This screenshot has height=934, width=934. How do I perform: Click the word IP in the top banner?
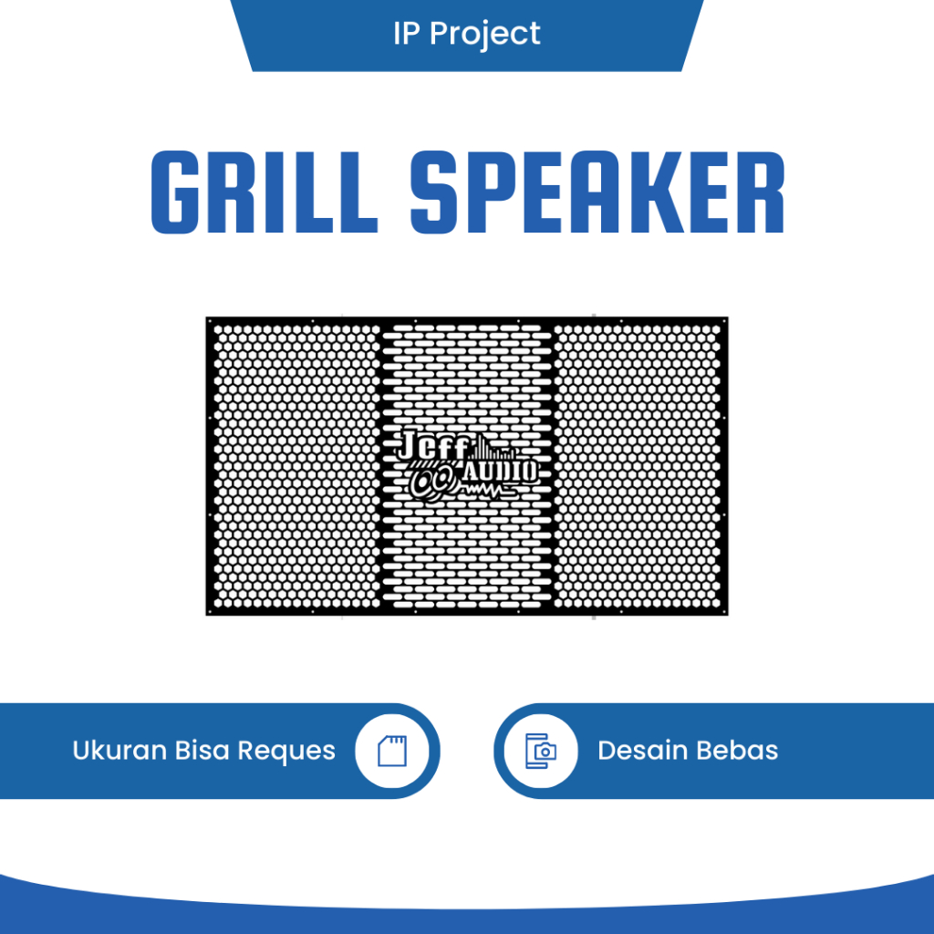click(x=406, y=34)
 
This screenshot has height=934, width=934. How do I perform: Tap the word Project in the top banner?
click(x=485, y=35)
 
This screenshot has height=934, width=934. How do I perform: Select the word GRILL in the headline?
click(x=265, y=192)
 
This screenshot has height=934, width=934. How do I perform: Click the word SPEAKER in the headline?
click(x=597, y=192)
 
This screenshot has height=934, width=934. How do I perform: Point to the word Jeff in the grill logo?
click(x=433, y=445)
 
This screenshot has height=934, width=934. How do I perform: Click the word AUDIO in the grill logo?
click(x=501, y=472)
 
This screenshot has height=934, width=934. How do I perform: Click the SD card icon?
click(x=392, y=751)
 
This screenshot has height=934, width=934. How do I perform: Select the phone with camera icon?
click(x=541, y=751)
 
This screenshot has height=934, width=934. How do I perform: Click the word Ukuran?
click(x=120, y=751)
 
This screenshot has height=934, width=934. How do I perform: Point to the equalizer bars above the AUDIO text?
click(x=493, y=447)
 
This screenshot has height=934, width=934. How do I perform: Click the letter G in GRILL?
click(x=175, y=192)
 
